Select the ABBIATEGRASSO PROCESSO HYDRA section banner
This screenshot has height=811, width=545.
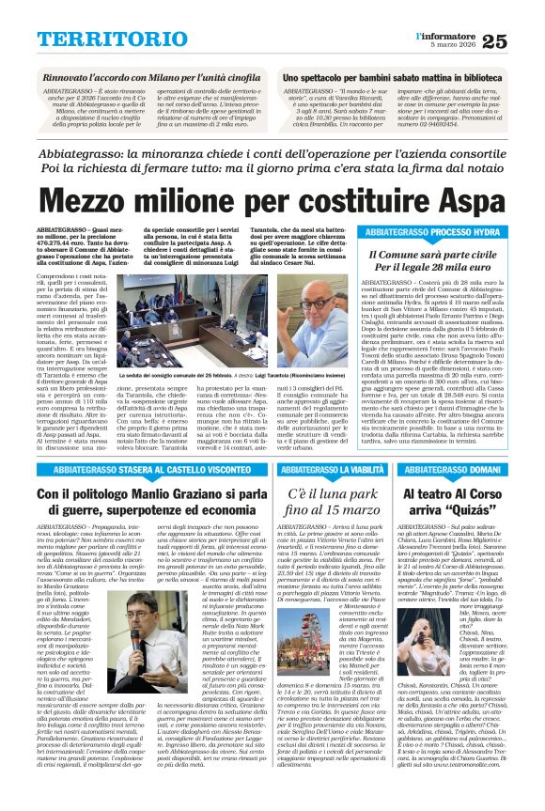[433, 231]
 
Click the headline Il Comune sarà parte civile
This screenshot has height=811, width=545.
[433, 254]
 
